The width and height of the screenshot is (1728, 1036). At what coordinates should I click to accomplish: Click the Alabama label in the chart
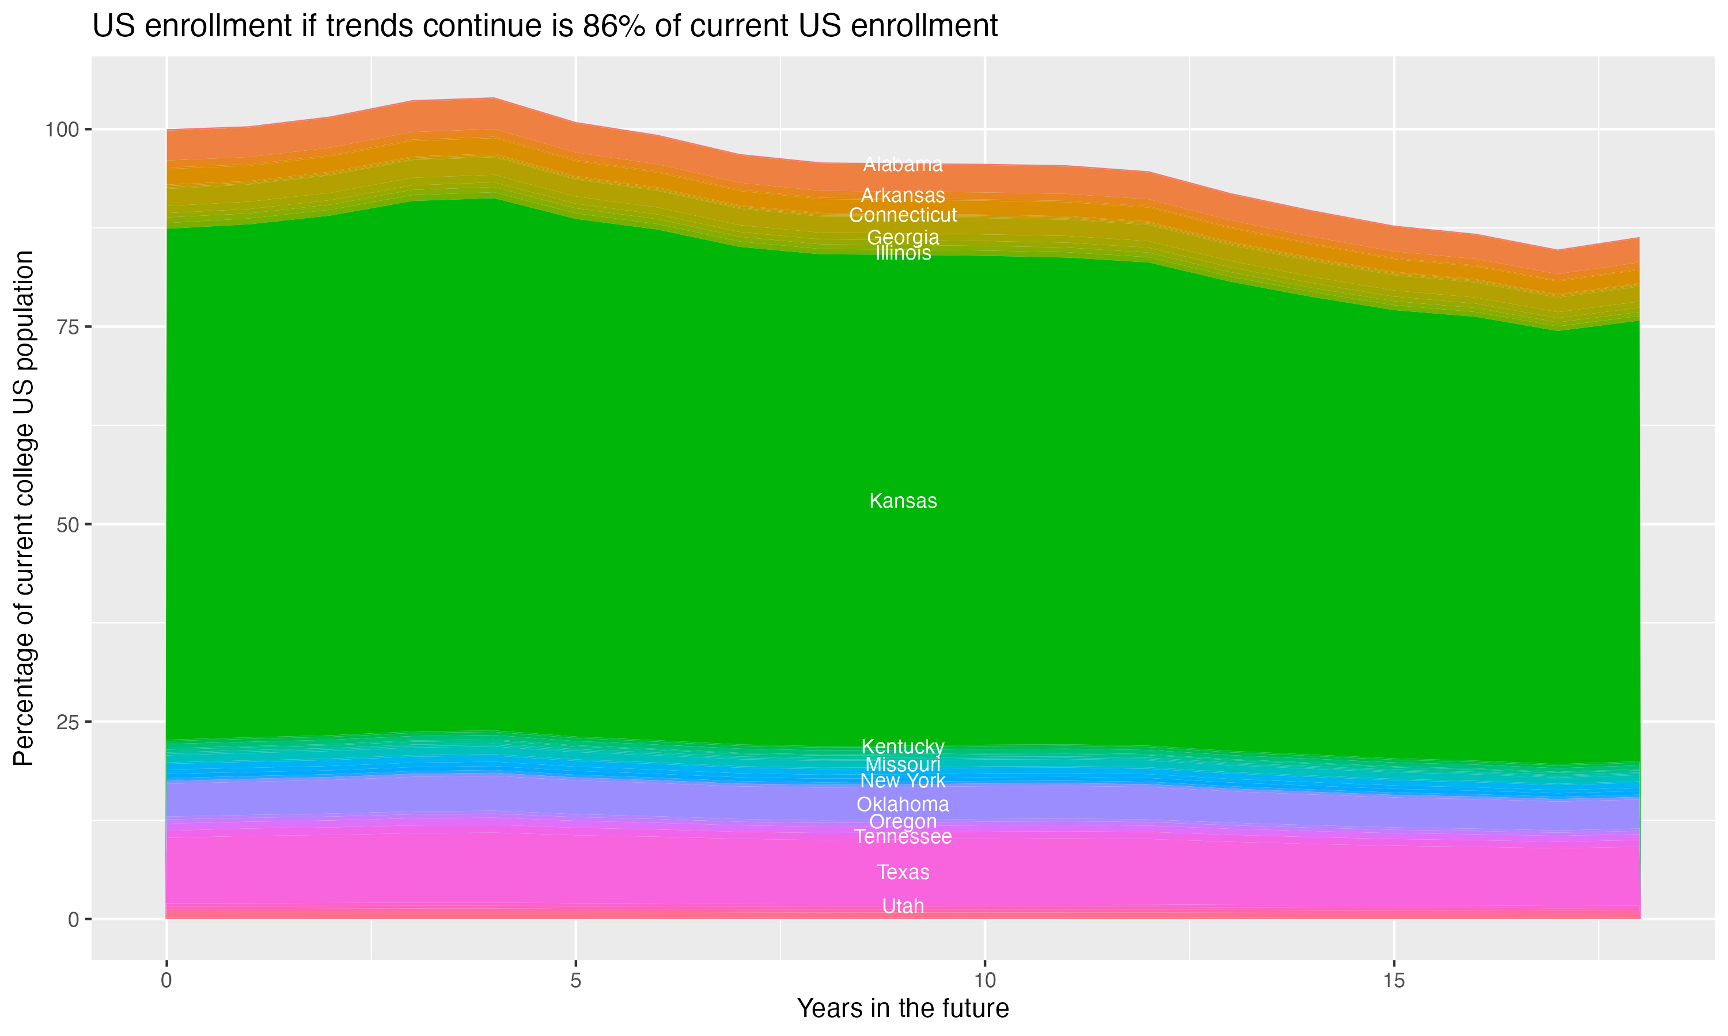coord(903,165)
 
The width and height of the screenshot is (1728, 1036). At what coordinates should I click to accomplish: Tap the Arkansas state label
coord(903,196)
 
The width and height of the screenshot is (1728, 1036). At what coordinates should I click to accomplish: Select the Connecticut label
coord(903,215)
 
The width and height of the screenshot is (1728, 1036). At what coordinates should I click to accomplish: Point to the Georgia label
coord(903,237)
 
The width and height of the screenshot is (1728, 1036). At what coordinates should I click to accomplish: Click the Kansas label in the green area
coord(903,501)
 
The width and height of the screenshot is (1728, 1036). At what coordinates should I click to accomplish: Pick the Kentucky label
coord(903,746)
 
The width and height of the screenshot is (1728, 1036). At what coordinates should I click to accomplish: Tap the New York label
coord(903,780)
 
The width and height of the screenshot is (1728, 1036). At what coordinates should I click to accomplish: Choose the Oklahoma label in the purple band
coord(903,804)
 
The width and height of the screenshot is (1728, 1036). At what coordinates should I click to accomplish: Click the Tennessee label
coord(903,836)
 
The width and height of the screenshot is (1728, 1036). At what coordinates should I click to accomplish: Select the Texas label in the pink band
coord(903,872)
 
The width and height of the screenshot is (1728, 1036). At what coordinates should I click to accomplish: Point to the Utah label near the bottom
coord(903,906)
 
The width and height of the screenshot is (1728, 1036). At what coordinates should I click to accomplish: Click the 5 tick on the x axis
coord(575,981)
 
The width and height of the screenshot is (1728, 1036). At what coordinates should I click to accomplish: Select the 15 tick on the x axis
coord(1393,981)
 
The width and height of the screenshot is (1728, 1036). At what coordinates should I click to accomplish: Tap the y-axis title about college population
coord(24,508)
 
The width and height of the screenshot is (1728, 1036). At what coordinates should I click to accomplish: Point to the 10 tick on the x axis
coord(984,981)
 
